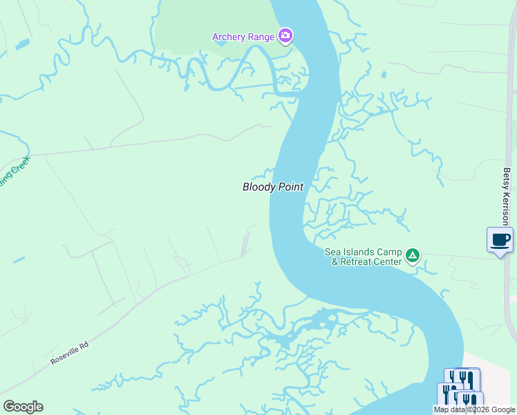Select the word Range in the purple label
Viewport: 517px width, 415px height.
coord(262,37)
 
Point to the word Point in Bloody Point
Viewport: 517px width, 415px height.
coord(290,187)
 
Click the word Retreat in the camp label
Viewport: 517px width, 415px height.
coord(360,262)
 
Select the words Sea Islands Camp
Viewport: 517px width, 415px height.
coord(364,252)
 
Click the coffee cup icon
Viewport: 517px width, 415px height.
coord(500,240)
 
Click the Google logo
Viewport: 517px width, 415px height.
coord(23,407)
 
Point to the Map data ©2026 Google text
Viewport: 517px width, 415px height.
coord(473,409)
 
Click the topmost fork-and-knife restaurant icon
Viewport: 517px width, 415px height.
coord(462,379)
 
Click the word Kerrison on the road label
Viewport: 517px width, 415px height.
coord(507,210)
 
